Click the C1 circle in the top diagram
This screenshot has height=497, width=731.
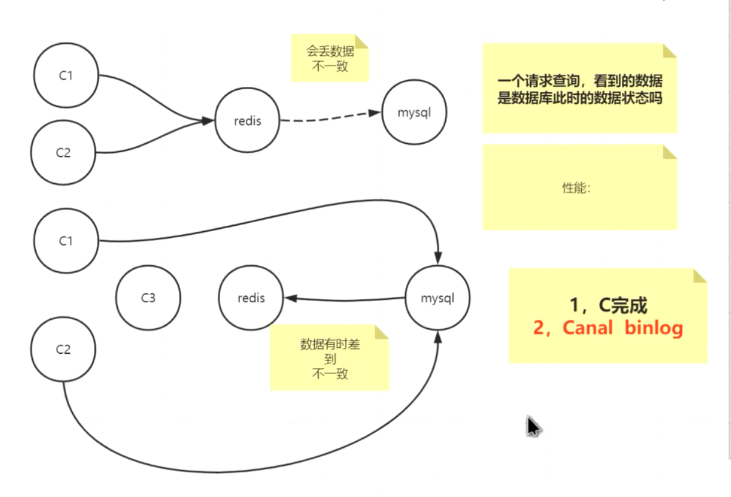point(66,76)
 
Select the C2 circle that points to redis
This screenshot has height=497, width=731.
point(64,153)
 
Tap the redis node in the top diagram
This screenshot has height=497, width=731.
point(248,121)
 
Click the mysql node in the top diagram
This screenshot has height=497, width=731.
point(414,113)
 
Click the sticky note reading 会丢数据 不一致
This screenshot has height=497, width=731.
point(330,58)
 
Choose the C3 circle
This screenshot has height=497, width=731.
point(148,298)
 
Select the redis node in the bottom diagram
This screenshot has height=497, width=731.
point(251,298)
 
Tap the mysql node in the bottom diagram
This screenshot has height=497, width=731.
point(437,298)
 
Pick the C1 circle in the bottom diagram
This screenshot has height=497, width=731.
point(66,241)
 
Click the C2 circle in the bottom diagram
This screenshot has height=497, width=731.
point(64,350)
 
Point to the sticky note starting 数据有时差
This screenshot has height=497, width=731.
point(329,358)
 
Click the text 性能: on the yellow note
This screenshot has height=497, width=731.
point(576,188)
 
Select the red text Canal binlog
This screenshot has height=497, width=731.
point(608,328)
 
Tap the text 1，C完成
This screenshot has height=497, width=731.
point(608,305)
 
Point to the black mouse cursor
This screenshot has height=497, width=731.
point(533,426)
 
